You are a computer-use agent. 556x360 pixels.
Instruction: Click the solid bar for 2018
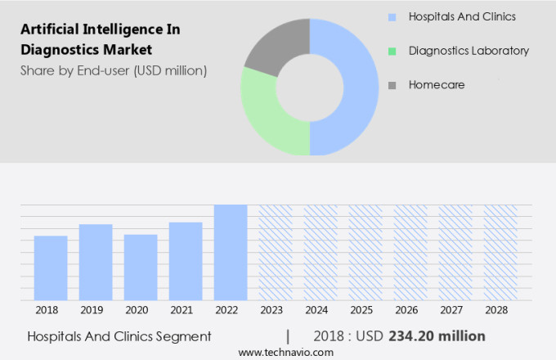pos(51,268)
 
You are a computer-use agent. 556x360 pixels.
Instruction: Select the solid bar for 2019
pos(96,263)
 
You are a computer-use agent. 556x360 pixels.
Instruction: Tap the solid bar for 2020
pos(141,268)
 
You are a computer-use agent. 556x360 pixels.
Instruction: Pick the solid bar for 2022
pos(231,253)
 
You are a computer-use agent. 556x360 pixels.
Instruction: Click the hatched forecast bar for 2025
pos(365,253)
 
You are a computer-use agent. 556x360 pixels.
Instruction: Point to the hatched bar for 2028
pos(500,253)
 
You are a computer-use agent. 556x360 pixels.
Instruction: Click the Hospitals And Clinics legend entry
pos(462,16)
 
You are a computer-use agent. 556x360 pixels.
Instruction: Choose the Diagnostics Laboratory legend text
pos(469,51)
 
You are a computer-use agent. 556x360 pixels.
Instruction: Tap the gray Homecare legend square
pos(392,84)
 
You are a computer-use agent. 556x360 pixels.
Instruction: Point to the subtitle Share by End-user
pos(114,70)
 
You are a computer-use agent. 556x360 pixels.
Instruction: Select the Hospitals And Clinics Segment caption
pos(119,335)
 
